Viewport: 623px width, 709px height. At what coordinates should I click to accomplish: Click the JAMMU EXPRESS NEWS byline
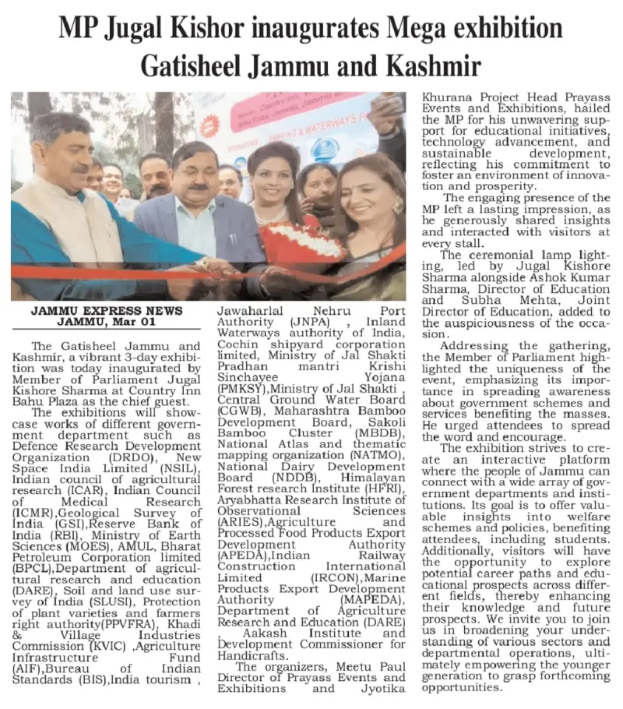pos(107,310)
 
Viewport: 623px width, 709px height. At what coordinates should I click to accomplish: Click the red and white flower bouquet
pos(301,243)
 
